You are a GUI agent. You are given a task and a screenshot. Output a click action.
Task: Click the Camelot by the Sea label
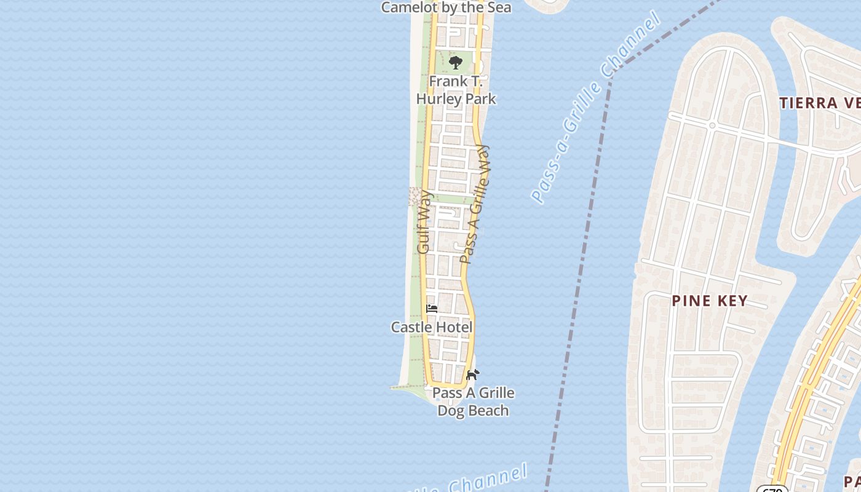click(x=446, y=7)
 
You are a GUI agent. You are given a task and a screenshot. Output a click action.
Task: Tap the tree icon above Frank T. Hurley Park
click(x=456, y=62)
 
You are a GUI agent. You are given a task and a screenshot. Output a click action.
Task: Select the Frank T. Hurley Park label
click(x=456, y=90)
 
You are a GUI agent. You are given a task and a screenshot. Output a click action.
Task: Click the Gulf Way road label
click(x=424, y=223)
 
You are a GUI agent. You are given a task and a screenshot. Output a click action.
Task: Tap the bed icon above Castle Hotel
click(x=432, y=308)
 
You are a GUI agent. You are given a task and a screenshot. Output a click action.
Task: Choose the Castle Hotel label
click(x=432, y=327)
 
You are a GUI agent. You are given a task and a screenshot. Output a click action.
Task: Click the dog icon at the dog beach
click(x=472, y=375)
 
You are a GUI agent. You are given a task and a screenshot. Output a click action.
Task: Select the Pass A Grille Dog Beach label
click(x=473, y=402)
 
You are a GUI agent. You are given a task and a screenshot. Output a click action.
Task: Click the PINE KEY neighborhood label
click(x=709, y=301)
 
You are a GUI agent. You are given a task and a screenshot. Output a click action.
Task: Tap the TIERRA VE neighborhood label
click(x=820, y=103)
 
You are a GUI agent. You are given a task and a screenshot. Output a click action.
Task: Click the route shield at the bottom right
click(x=772, y=489)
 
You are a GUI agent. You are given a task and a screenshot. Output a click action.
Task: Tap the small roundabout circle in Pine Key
click(x=712, y=125)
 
